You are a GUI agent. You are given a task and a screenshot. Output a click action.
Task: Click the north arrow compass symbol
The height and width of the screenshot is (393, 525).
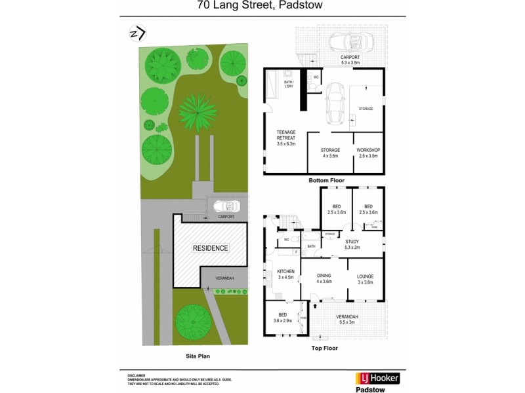[137, 33]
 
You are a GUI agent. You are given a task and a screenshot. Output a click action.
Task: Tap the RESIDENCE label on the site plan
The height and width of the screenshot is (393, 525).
[210, 248]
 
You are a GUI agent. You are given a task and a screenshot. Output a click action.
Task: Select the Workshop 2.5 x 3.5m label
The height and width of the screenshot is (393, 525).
[368, 153]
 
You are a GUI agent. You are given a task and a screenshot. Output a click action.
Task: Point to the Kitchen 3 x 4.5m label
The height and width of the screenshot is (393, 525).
[285, 274]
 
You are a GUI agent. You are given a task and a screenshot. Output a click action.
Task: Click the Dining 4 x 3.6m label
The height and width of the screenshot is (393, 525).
[324, 278]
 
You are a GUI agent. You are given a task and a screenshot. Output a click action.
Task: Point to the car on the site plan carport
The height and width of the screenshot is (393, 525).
[226, 205]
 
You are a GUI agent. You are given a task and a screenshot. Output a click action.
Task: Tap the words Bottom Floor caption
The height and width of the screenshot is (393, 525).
[326, 180]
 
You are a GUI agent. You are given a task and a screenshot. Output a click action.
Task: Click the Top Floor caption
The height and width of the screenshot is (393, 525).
[325, 348]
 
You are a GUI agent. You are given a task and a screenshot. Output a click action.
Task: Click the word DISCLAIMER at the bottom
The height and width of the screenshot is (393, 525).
[136, 375]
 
